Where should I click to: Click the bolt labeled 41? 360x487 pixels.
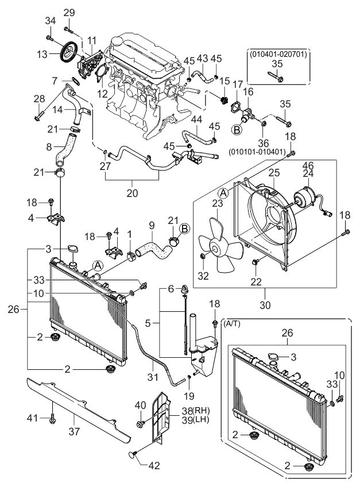click(x=53, y=424)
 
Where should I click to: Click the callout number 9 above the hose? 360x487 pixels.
click(x=152, y=225)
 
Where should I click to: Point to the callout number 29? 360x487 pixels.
click(x=69, y=13)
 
